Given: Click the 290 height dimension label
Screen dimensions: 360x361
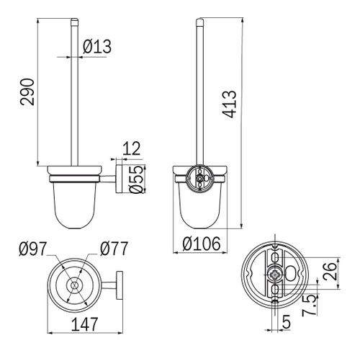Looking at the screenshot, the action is (27, 92).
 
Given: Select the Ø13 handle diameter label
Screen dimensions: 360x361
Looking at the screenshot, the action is (97, 46).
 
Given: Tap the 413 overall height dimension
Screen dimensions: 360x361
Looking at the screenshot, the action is (230, 104).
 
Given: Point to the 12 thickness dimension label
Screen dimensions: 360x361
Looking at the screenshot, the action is (131, 149).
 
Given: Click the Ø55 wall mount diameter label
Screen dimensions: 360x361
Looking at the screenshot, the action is (137, 179).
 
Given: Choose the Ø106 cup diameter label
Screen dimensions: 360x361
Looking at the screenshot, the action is (201, 244).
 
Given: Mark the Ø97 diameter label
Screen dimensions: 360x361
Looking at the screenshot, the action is (32, 249).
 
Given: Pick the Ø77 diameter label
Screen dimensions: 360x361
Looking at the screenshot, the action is (114, 249).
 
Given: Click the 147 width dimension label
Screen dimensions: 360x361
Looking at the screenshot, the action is (85, 324).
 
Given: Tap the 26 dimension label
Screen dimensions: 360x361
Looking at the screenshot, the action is (330, 272).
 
